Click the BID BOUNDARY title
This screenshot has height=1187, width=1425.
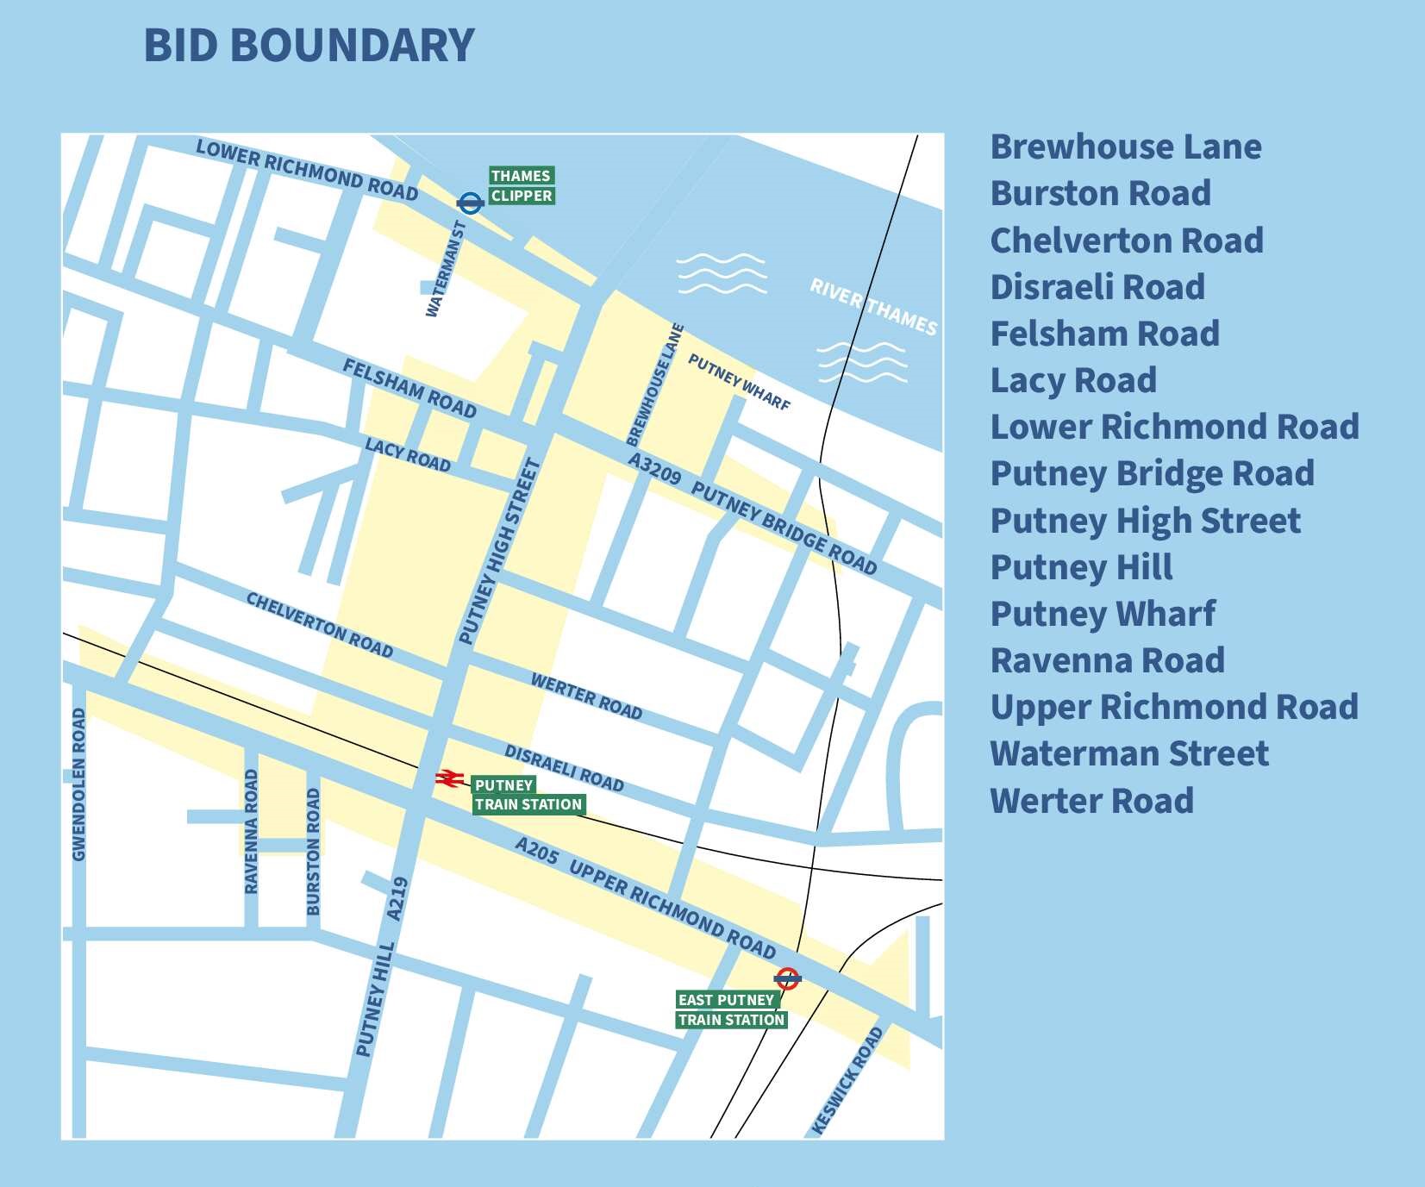click(x=309, y=45)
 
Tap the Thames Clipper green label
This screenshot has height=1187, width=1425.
click(x=521, y=185)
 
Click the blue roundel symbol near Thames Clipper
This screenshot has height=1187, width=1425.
click(x=470, y=203)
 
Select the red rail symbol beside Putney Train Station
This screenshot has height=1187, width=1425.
click(x=448, y=778)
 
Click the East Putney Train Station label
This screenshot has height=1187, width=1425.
click(x=731, y=1009)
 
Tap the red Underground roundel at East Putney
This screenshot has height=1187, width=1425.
click(x=787, y=978)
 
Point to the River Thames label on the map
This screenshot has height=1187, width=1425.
click(x=872, y=307)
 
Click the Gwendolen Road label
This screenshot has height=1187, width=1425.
click(x=79, y=784)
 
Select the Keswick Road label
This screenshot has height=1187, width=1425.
click(x=848, y=1080)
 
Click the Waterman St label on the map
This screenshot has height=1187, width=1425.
click(x=447, y=269)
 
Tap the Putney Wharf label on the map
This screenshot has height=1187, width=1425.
click(x=739, y=382)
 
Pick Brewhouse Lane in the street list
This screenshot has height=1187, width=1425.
click(x=1125, y=147)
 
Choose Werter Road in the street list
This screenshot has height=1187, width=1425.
click(x=1091, y=800)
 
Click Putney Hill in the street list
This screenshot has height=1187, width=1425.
click(x=1081, y=566)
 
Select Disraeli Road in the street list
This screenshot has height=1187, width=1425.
click(x=1097, y=286)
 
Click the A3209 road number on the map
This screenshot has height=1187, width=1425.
click(x=654, y=468)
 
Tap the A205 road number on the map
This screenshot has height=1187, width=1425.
click(x=537, y=851)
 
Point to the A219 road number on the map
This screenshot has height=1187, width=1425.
click(x=397, y=898)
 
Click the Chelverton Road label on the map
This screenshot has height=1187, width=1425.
click(x=319, y=625)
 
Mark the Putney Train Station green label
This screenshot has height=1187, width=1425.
click(x=528, y=795)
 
